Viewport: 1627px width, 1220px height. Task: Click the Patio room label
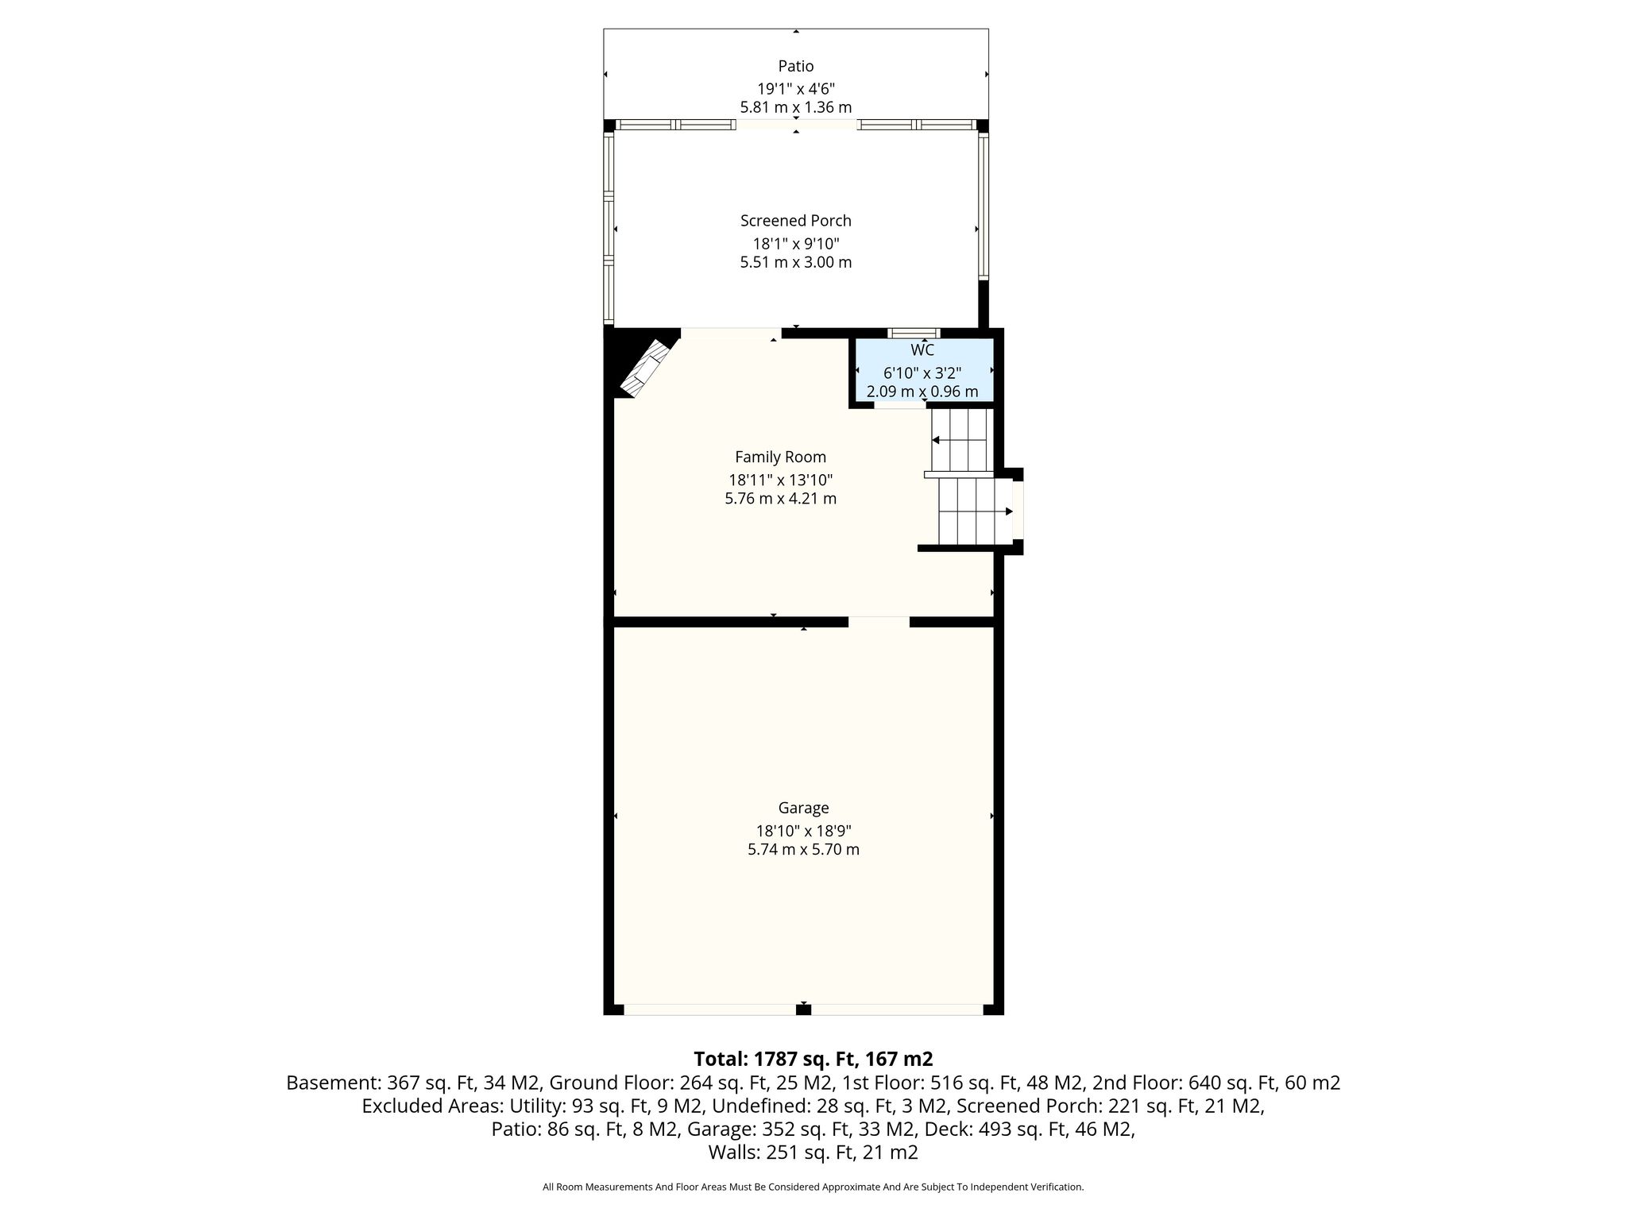pyautogui.click(x=796, y=66)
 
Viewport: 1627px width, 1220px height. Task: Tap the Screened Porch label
pyautogui.click(x=796, y=221)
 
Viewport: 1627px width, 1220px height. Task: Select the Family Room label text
pyautogui.click(x=780, y=457)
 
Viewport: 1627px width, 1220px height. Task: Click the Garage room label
pyautogui.click(x=803, y=808)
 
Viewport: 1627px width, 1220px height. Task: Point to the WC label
pyautogui.click(x=922, y=350)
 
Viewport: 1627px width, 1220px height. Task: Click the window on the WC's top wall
pyautogui.click(x=914, y=333)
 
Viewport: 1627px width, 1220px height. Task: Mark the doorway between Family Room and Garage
pyautogui.click(x=879, y=622)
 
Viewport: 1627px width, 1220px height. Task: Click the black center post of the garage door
pyautogui.click(x=804, y=1010)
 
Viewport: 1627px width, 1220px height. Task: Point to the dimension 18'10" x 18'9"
pyautogui.click(x=803, y=831)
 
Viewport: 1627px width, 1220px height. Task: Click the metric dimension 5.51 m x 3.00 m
pyautogui.click(x=796, y=262)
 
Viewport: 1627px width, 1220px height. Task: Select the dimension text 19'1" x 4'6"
pyautogui.click(x=796, y=89)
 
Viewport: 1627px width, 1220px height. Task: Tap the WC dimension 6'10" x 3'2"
pyautogui.click(x=922, y=373)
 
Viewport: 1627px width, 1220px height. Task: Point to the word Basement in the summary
pyautogui.click(x=333, y=1083)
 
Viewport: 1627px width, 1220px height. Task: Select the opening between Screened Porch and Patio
pyautogui.click(x=797, y=125)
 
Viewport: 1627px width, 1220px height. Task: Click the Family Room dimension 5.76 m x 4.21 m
pyautogui.click(x=780, y=499)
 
